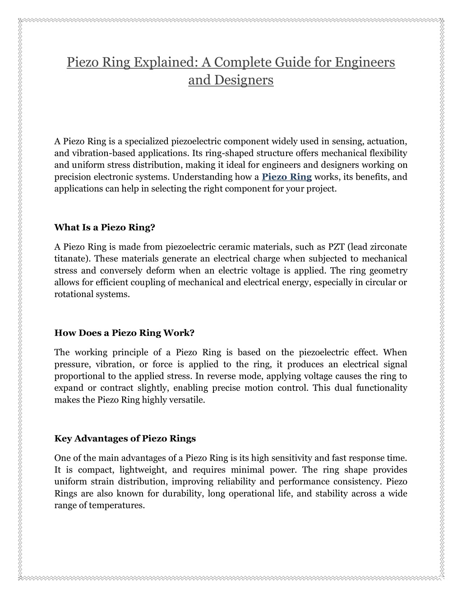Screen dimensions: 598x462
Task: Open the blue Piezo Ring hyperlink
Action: tap(286, 177)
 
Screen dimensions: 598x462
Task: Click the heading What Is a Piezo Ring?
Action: tap(105, 227)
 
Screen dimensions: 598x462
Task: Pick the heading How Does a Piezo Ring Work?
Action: tap(124, 333)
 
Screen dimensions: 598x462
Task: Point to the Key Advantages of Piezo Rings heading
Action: tap(125, 438)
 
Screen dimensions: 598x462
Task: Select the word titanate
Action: tap(70, 259)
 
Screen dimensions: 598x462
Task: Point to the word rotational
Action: tap(72, 294)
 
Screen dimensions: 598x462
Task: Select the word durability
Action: tap(181, 493)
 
